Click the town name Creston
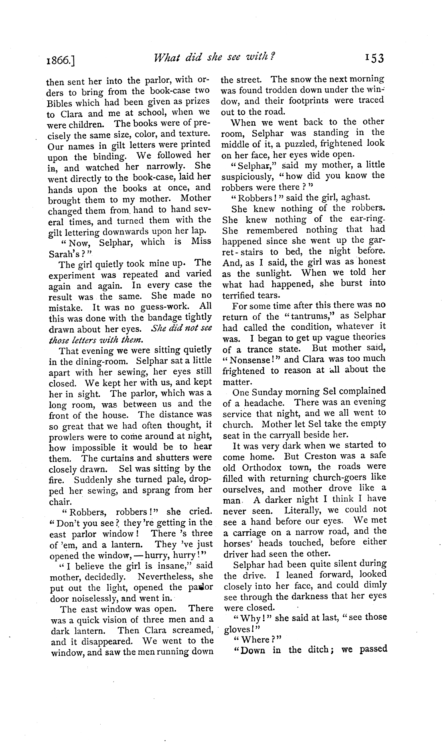coord(326,456)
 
